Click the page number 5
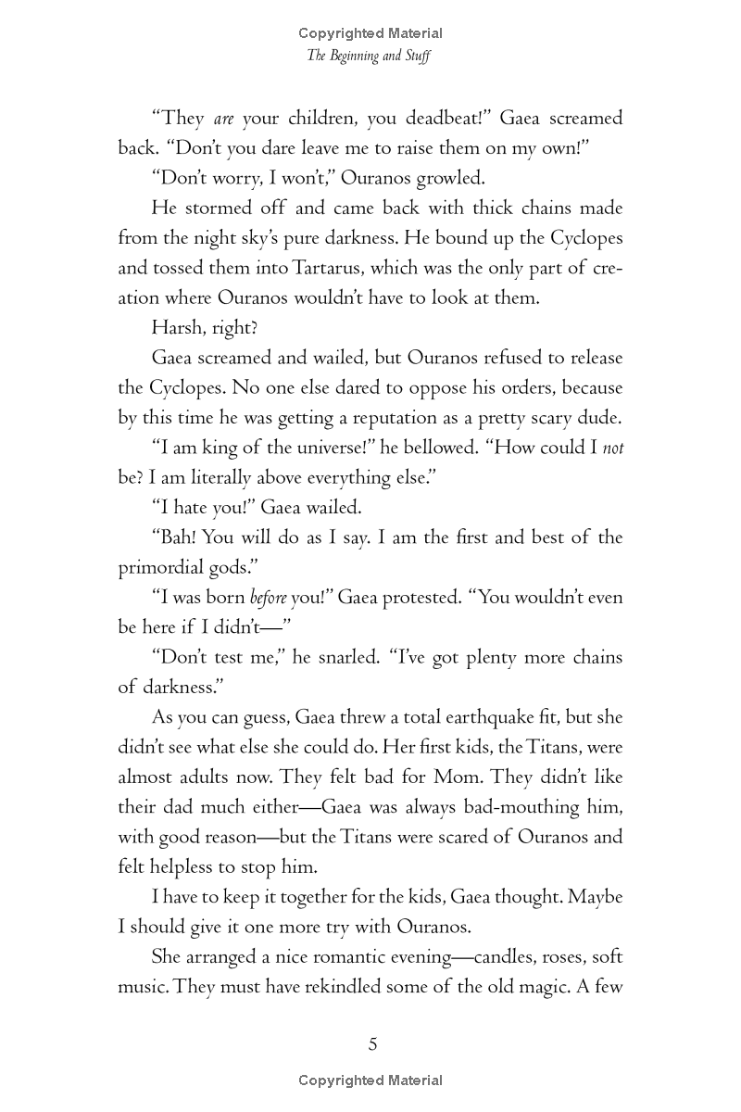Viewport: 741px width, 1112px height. click(372, 1044)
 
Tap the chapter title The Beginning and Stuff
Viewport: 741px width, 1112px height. click(370, 56)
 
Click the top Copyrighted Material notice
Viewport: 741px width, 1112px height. click(370, 33)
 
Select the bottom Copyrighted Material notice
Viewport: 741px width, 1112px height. click(370, 1080)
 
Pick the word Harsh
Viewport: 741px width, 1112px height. click(176, 328)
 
